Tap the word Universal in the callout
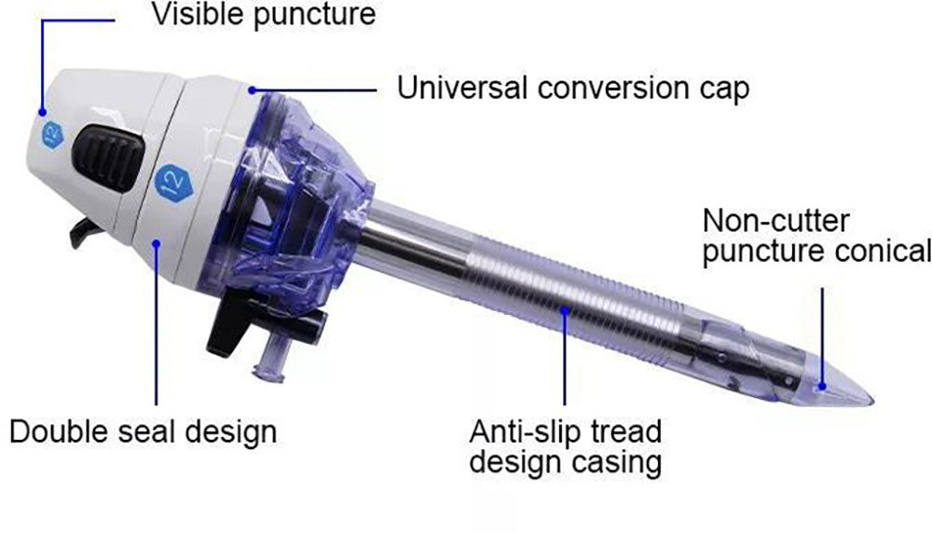462,88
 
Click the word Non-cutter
775,221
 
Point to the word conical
883,250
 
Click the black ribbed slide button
108,157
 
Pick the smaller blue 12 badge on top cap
53,135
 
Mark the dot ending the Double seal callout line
157,242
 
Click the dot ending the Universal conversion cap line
252,90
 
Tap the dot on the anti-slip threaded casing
565,309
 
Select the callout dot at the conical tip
823,386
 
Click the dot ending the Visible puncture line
42,112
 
